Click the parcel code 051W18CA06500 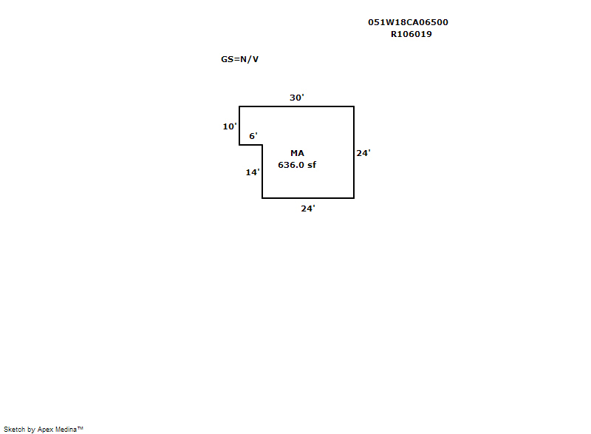(x=408, y=22)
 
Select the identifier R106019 (x=411, y=34)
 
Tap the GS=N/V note (x=239, y=59)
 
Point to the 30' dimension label (x=297, y=98)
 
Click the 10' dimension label (x=230, y=126)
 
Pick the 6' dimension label (x=253, y=136)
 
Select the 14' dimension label (x=253, y=172)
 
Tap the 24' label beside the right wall (x=363, y=153)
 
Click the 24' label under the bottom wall (x=308, y=208)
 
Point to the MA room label (x=297, y=152)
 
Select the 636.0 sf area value (x=297, y=165)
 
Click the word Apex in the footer (x=46, y=429)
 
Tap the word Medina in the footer (x=68, y=429)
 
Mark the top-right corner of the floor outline (x=354, y=106)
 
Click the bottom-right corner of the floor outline (x=354, y=198)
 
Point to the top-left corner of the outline (x=239, y=106)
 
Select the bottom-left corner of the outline (x=262, y=198)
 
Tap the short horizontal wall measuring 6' (x=251, y=145)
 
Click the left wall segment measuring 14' (x=262, y=172)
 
